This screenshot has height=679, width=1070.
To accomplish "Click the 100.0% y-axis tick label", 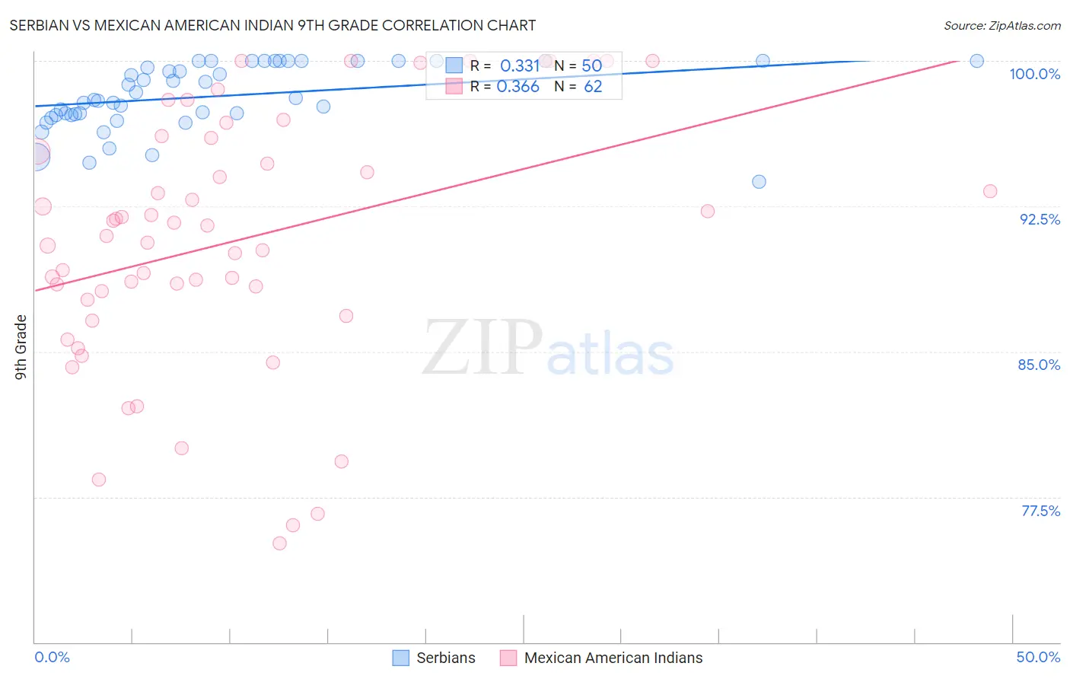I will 1034,74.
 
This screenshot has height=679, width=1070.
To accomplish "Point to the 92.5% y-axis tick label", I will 1040,219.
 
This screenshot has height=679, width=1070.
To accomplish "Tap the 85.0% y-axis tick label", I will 1039,365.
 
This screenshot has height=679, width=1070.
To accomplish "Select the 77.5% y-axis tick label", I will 1040,511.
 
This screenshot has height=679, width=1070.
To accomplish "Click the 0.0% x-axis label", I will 52,657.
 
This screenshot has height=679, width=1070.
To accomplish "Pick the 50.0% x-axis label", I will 1038,657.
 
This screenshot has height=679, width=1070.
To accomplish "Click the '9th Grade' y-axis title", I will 21,347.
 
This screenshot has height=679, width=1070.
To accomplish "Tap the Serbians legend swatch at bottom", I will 401,658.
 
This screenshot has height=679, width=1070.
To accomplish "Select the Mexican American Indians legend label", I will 613,658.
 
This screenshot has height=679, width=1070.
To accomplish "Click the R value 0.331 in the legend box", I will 519,66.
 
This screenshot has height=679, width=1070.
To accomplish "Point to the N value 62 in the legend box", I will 593,87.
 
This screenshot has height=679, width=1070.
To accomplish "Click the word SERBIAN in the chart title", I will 39,25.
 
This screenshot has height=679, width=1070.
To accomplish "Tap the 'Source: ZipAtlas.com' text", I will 1002,26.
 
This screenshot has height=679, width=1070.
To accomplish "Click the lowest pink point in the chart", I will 279,544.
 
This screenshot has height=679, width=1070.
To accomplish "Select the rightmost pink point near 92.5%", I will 989,191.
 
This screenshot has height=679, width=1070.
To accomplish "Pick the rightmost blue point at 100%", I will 976,61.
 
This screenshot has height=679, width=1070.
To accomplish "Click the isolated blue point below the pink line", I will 759,182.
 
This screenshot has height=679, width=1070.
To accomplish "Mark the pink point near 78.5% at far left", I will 99,480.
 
